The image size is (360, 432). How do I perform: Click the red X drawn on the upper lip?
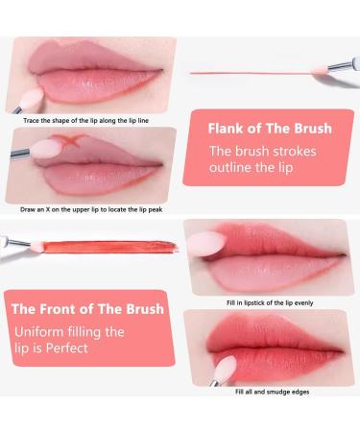tap(68, 140)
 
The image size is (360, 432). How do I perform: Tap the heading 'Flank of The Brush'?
tap(270, 129)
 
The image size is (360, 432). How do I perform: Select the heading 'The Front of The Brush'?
tap(87, 309)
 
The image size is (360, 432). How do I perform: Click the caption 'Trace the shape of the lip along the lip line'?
tap(85, 121)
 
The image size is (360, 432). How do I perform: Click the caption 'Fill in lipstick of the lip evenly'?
tap(270, 302)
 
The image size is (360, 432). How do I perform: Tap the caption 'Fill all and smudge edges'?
tap(272, 392)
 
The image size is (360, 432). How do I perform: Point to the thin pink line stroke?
tap(251, 73)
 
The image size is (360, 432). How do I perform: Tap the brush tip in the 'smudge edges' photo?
tap(226, 368)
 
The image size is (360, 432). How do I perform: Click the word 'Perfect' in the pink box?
tap(66, 348)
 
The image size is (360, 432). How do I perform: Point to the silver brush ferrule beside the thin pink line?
tap(340, 66)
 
